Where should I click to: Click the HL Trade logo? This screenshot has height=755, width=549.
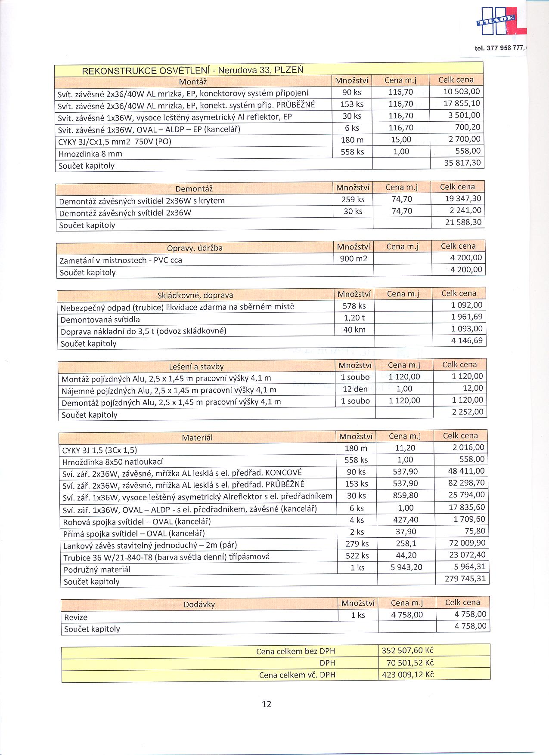coord(499,22)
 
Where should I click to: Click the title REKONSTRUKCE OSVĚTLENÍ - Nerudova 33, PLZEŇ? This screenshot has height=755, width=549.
coord(192,71)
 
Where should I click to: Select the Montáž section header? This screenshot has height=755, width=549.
coord(192,82)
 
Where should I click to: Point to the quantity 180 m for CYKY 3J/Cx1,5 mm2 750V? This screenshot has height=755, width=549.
coord(352,140)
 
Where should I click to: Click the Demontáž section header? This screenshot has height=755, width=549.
coord(194,189)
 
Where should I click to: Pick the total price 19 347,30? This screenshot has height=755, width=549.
coord(463,199)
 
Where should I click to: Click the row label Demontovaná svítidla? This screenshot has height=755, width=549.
coord(100,320)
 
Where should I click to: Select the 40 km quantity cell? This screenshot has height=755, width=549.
coord(354,330)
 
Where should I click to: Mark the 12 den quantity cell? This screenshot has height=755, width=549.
coord(355,389)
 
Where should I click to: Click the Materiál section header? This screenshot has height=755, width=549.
coord(197,438)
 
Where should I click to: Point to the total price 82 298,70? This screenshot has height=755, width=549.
coord(466,483)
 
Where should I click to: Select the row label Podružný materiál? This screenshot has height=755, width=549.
coord(96,570)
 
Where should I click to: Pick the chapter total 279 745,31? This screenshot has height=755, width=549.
coord(465,579)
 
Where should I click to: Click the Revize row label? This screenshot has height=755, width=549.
coord(76,617)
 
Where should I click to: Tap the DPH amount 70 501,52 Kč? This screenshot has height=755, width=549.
coord(407,663)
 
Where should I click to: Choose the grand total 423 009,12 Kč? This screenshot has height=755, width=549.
coord(407,675)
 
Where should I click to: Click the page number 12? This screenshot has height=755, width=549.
coord(267,704)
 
